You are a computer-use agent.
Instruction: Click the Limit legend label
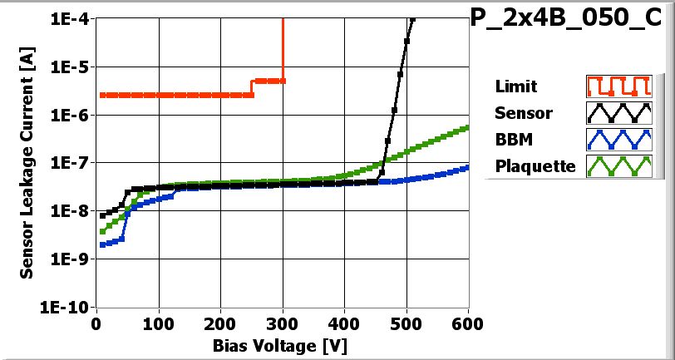515,86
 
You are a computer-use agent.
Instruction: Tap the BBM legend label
514,140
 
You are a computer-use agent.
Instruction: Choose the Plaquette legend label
535,166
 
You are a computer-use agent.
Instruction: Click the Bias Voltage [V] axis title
283,343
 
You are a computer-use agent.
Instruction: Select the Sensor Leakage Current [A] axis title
27,162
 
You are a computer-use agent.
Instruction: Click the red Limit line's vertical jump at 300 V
283,50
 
